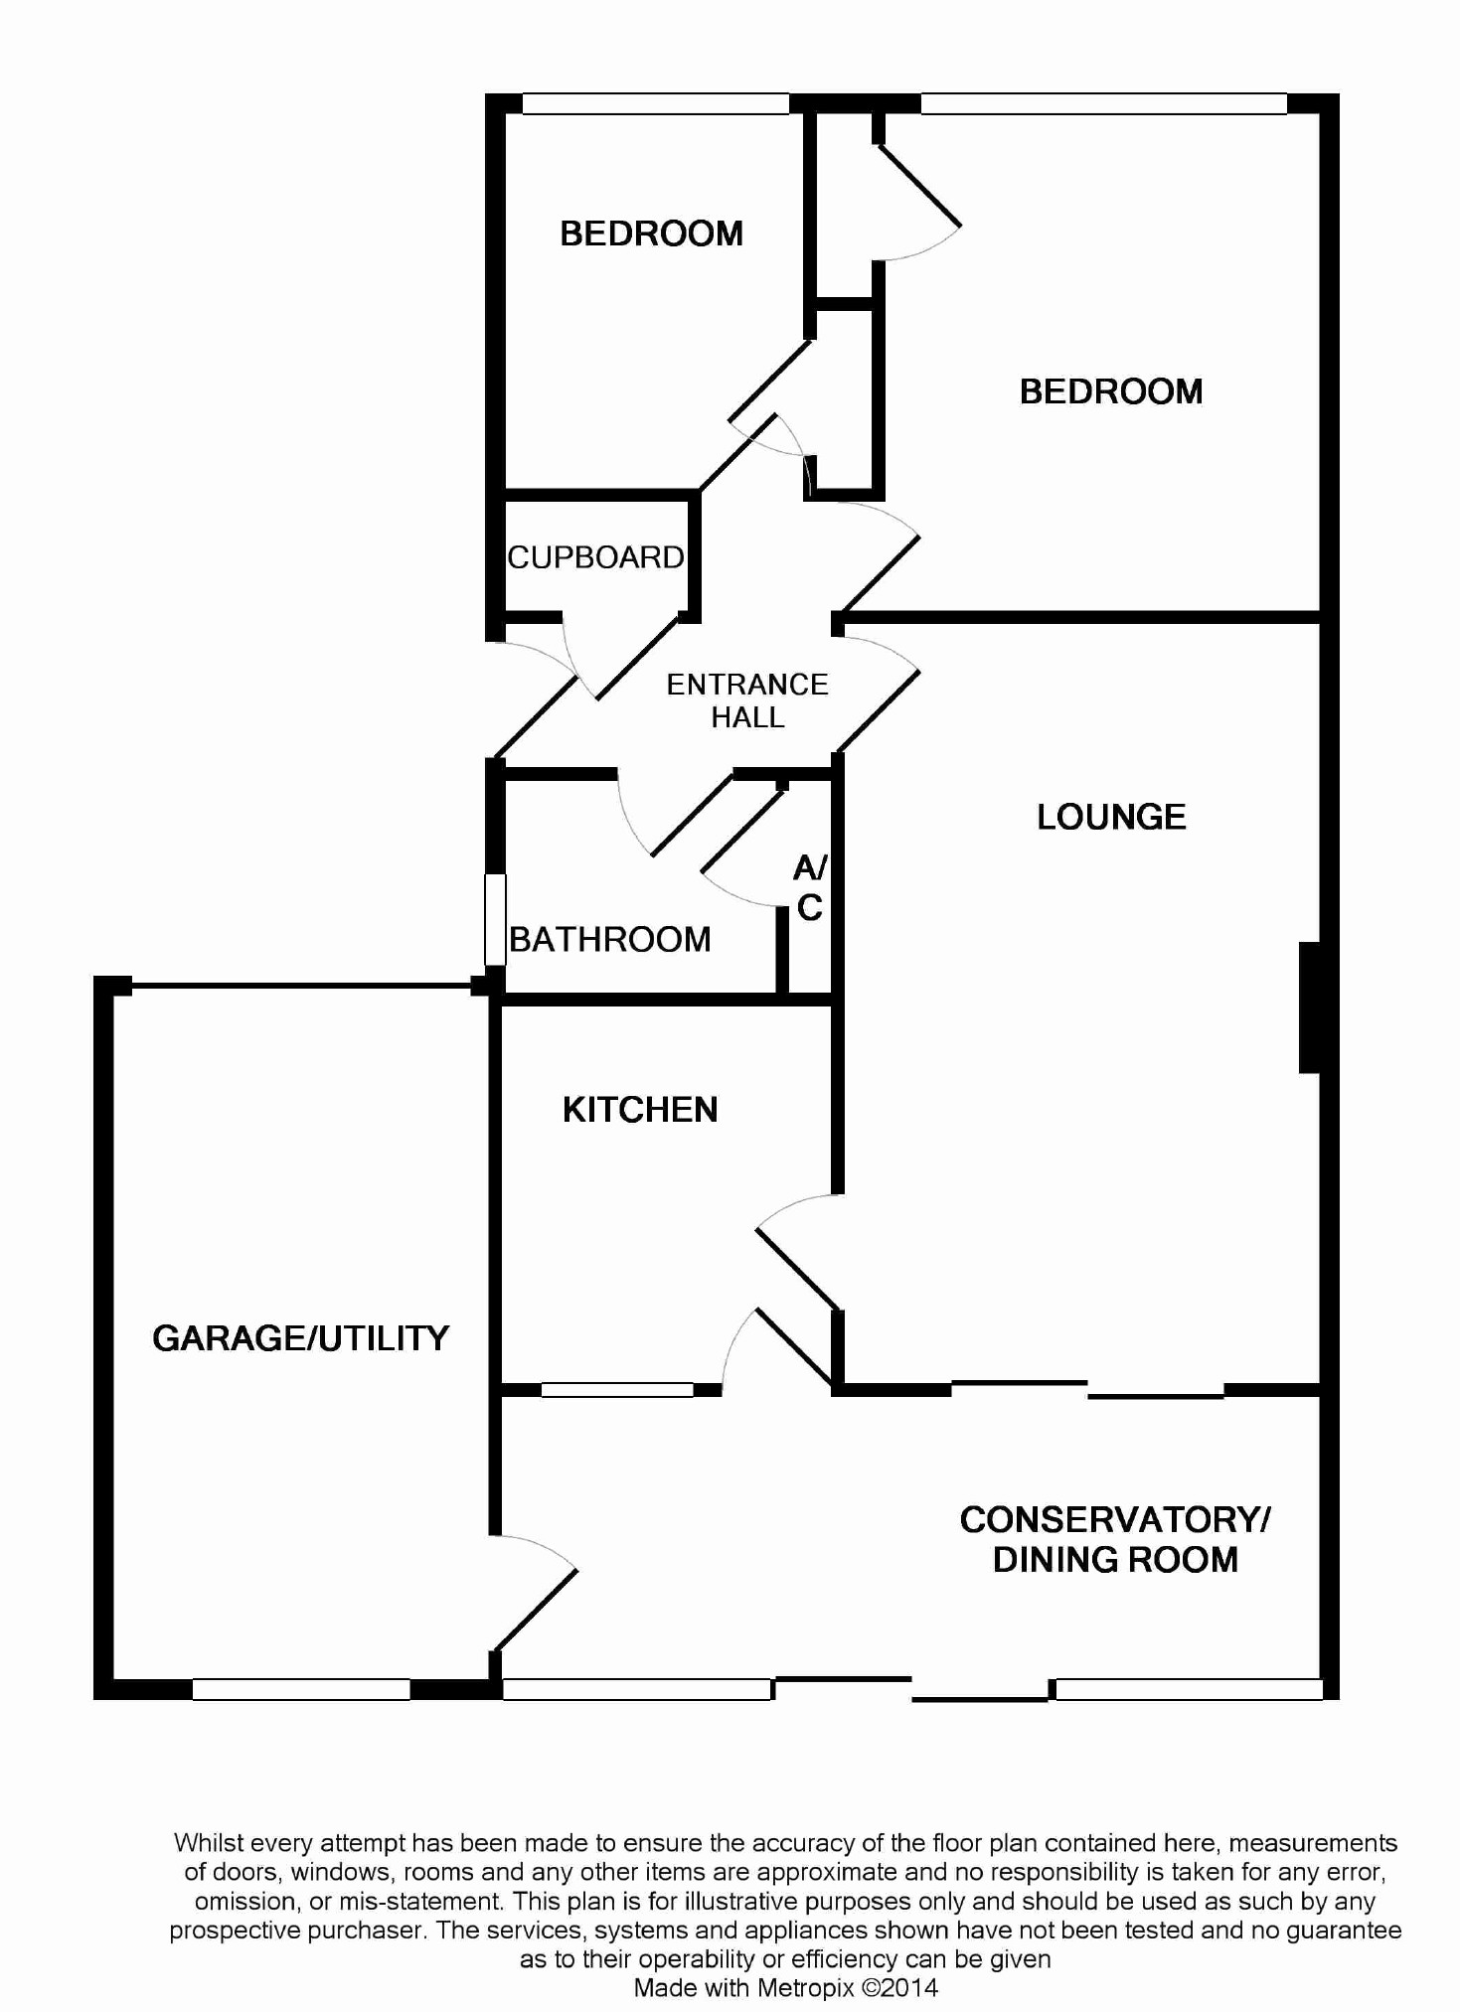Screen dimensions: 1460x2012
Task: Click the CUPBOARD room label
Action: pos(595,557)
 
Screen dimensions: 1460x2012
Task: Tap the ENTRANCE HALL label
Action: pos(747,700)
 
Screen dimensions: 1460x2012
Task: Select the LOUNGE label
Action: pos(1111,817)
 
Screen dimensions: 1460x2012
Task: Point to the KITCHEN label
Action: pos(640,1110)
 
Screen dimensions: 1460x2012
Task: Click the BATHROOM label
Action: pos(610,939)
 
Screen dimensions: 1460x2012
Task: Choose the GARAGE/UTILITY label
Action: pos(301,1338)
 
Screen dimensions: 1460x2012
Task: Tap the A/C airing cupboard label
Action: pos(810,887)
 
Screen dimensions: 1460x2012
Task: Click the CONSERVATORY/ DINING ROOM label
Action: pos(1115,1539)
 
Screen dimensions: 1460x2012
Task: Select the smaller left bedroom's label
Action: pos(651,233)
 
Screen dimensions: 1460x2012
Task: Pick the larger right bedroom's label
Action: pos(1111,391)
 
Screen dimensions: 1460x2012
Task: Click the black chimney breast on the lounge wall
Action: pos(1310,1007)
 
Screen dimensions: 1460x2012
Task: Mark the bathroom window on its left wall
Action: pos(495,919)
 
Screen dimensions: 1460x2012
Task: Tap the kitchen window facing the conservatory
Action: pos(617,1390)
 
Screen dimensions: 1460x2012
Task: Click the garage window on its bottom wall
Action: pos(301,1689)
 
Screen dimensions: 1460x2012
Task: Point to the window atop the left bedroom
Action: pos(655,103)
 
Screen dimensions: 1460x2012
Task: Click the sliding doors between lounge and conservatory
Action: pos(1088,1389)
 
